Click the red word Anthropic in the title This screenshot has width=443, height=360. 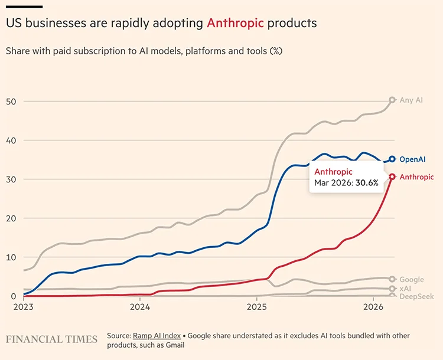235,24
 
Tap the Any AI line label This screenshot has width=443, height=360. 411,100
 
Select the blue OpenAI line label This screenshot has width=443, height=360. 412,159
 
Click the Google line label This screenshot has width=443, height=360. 412,279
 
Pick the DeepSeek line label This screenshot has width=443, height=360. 416,297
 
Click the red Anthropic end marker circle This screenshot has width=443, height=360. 392,176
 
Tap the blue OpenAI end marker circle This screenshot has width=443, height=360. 392,159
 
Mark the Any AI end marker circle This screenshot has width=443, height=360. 392,100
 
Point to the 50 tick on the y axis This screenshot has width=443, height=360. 10,101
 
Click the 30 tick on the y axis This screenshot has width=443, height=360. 10,179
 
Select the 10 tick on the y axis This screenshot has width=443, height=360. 10,257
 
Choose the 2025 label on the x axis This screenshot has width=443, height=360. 256,307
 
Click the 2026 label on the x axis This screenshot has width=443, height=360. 373,307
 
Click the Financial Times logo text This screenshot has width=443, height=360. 51,339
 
